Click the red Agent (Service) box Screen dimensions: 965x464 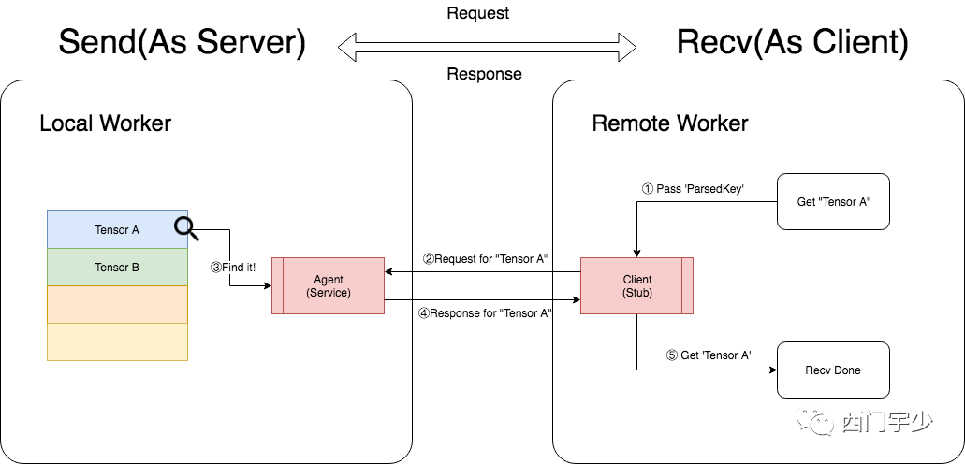pos(328,285)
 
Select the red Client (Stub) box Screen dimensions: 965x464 pos(637,285)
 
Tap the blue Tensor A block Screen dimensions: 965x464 pos(118,229)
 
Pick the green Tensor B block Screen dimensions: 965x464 pos(118,267)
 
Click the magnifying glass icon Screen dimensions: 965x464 pos(186,229)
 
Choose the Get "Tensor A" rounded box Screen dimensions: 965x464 pos(833,202)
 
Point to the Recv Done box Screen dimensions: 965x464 pos(833,370)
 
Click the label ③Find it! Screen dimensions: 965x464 pos(233,268)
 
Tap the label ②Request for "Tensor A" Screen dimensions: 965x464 pos(485,259)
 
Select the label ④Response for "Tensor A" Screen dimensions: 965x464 pos(485,313)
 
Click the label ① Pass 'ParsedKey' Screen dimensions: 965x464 pos(693,189)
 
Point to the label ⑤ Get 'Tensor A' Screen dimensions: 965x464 pos(709,355)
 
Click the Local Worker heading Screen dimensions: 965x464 pos(105,123)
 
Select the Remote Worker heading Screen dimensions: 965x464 pos(670,123)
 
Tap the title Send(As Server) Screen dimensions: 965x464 pos(183,44)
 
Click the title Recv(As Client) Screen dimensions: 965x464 pos(793,44)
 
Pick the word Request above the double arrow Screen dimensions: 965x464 pos(478,13)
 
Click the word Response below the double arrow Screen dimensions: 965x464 pos(484,75)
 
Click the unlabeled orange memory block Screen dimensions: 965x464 pos(118,305)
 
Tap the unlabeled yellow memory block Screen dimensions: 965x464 pos(118,342)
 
